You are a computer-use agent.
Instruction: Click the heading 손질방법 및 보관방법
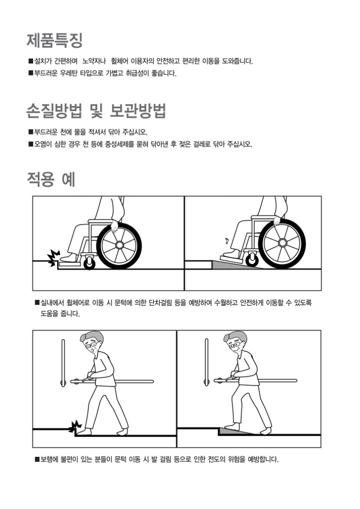tap(96, 111)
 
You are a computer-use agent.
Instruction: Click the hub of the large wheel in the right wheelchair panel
tap(282, 243)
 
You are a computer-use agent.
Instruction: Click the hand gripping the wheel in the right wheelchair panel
tap(276, 221)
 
